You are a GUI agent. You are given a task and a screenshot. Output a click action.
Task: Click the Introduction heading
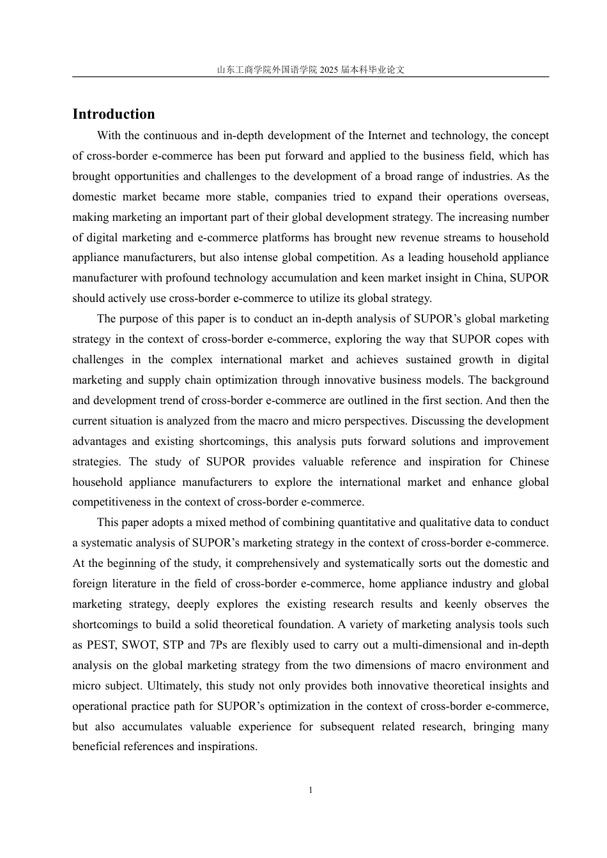tap(114, 114)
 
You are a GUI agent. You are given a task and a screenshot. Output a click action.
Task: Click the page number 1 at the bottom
tap(311, 790)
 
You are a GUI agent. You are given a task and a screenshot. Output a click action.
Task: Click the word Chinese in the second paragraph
tap(529, 462)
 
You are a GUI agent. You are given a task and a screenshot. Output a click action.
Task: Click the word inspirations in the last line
tap(227, 746)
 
